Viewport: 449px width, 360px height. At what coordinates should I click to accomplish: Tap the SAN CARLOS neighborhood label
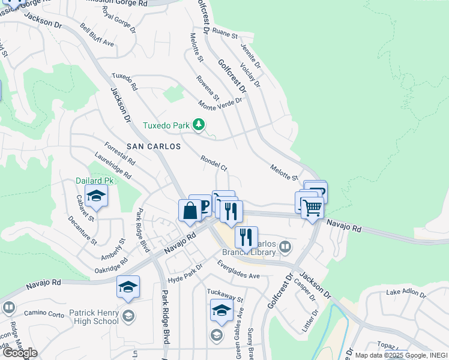tap(153, 146)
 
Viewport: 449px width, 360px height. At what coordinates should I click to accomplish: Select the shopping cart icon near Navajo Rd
tap(312, 208)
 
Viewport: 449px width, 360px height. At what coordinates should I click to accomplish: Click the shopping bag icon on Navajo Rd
tap(190, 211)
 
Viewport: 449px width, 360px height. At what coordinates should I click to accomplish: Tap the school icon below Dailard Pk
tap(95, 196)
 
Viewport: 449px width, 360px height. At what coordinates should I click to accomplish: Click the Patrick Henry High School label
tap(94, 317)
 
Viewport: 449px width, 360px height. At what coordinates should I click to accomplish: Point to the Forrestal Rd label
tap(119, 154)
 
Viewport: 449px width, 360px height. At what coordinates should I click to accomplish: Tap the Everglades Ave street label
tap(238, 269)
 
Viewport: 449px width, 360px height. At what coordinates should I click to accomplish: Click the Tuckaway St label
tap(225, 295)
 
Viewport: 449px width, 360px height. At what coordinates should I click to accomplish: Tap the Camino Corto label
tap(44, 313)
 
